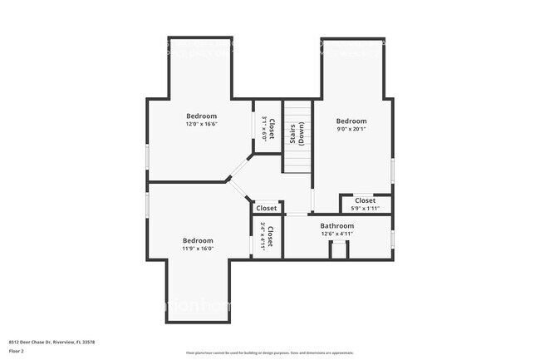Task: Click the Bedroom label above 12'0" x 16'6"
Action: pyautogui.click(x=201, y=116)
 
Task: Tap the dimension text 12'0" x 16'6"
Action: pyautogui.click(x=201, y=124)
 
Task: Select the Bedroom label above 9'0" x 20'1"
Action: pyautogui.click(x=351, y=121)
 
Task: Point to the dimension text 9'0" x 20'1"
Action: pyautogui.click(x=351, y=129)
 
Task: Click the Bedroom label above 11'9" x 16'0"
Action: pyautogui.click(x=198, y=240)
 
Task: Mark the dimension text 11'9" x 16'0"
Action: pyautogui.click(x=198, y=249)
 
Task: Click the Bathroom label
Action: pyautogui.click(x=337, y=226)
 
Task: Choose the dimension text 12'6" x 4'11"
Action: pyautogui.click(x=337, y=234)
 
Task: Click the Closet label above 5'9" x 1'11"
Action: pyautogui.click(x=366, y=200)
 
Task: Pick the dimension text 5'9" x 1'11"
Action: pyautogui.click(x=366, y=208)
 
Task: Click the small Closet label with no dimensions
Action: pyautogui.click(x=267, y=208)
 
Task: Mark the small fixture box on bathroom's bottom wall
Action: pyautogui.click(x=338, y=250)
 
